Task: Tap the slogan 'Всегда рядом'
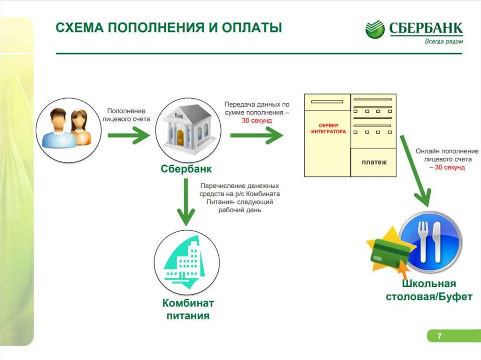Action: click(443, 41)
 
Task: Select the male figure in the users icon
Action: click(57, 128)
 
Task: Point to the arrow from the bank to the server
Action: click(256, 137)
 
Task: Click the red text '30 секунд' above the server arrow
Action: click(257, 121)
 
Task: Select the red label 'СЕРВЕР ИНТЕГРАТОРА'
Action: click(328, 129)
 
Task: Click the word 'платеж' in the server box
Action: click(374, 162)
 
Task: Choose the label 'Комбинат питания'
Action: click(188, 308)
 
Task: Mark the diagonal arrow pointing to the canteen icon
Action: click(415, 171)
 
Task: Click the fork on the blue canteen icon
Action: click(421, 242)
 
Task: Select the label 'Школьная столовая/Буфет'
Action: click(428, 290)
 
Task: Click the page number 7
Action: click(439, 336)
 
